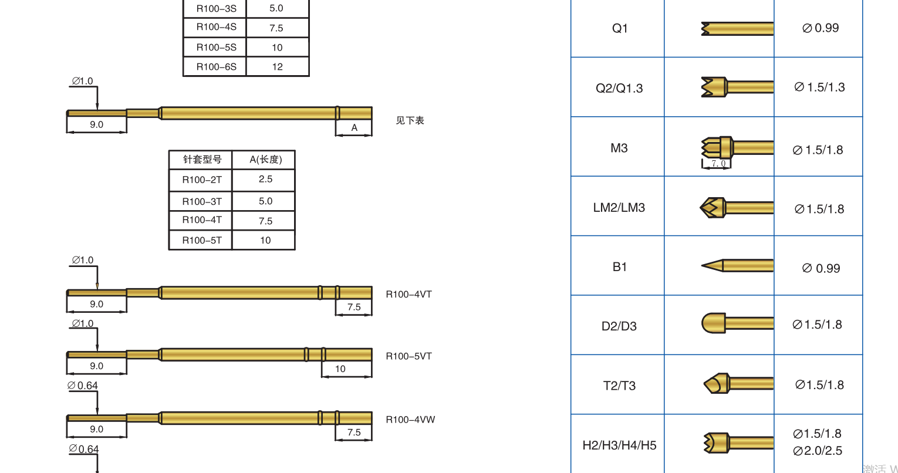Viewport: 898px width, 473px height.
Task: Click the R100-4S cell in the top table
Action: pyautogui.click(x=216, y=27)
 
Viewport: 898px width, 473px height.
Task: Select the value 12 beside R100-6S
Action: pyautogui.click(x=278, y=66)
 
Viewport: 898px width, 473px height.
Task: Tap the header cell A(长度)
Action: pyautogui.click(x=265, y=160)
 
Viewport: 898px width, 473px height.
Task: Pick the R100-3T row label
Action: pyautogui.click(x=202, y=201)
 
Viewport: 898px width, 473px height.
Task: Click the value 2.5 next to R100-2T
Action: pyautogui.click(x=265, y=179)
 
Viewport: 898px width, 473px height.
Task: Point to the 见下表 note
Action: pyautogui.click(x=410, y=121)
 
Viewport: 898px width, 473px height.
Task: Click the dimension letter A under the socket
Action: pyautogui.click(x=354, y=128)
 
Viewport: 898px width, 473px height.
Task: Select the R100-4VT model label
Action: pyautogui.click(x=409, y=294)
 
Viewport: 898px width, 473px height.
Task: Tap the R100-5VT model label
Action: pyautogui.click(x=409, y=356)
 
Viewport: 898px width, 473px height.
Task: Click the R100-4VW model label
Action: pyautogui.click(x=410, y=420)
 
